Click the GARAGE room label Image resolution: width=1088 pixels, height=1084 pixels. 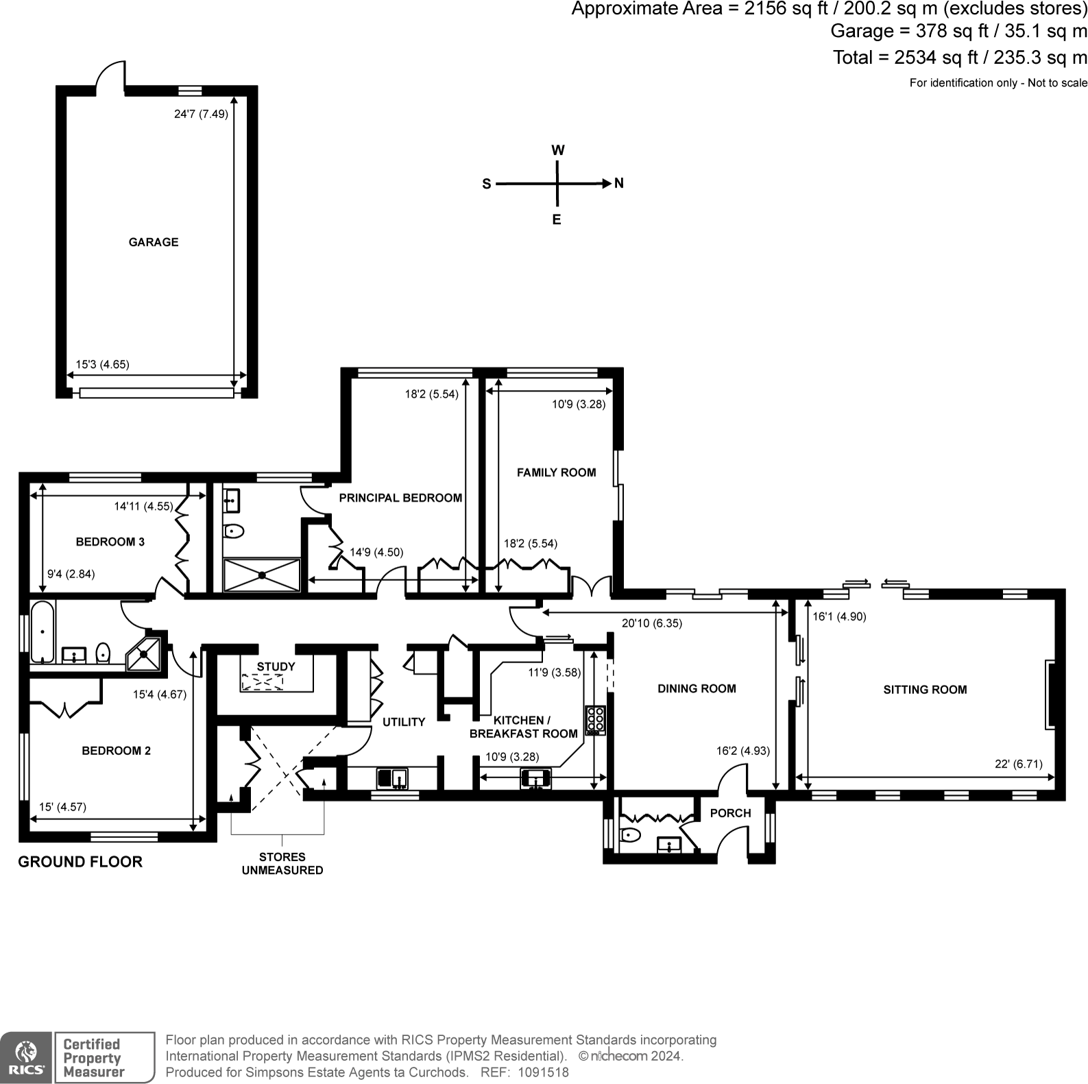point(154,242)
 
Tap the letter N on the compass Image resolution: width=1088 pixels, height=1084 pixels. point(618,184)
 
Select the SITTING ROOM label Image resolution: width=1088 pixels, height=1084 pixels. point(925,690)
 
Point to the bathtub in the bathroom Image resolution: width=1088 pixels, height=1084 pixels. point(43,632)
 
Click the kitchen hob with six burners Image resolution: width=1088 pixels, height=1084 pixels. point(595,720)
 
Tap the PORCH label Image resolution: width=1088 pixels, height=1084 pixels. point(730,813)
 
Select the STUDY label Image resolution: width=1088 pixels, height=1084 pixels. point(276,666)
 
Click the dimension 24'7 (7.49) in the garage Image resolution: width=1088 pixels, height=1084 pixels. point(201,115)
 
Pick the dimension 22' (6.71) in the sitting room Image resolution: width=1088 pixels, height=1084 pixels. point(1019,764)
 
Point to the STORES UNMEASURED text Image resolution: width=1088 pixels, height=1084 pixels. point(282,863)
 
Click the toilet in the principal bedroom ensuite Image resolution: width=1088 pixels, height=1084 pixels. point(234,531)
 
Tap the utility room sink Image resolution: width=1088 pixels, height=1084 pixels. point(392,778)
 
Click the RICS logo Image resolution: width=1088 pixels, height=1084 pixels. point(25,1057)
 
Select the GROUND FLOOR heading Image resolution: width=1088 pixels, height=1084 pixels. point(80,862)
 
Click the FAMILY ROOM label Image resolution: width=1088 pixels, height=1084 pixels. point(556,472)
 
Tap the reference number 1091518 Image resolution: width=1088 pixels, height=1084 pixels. point(543,1072)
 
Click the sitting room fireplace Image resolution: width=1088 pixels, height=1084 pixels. point(1049,694)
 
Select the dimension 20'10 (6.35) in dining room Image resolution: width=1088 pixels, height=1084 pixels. point(651,623)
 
